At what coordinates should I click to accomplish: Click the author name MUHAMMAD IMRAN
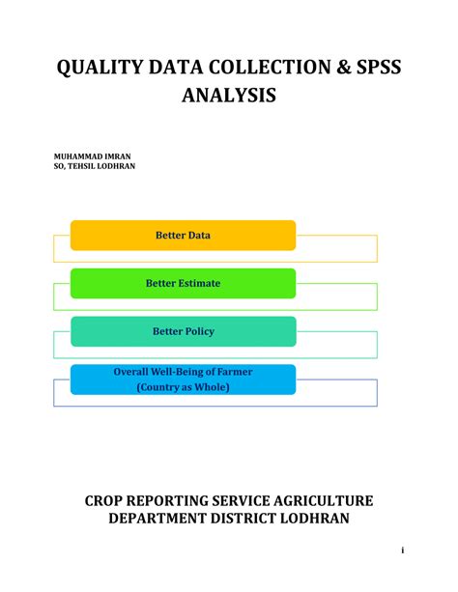92,155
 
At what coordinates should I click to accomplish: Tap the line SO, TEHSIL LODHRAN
94,166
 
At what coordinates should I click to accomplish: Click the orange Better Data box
183,235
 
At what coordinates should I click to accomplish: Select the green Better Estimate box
183,283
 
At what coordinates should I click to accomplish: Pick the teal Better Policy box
183,331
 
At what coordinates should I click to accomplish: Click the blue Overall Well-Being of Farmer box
183,379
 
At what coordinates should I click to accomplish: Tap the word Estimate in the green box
197,283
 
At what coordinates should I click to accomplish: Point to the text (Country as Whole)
183,387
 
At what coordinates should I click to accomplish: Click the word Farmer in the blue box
244,371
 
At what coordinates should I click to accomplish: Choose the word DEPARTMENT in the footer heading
160,520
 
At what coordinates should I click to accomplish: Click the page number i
401,550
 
